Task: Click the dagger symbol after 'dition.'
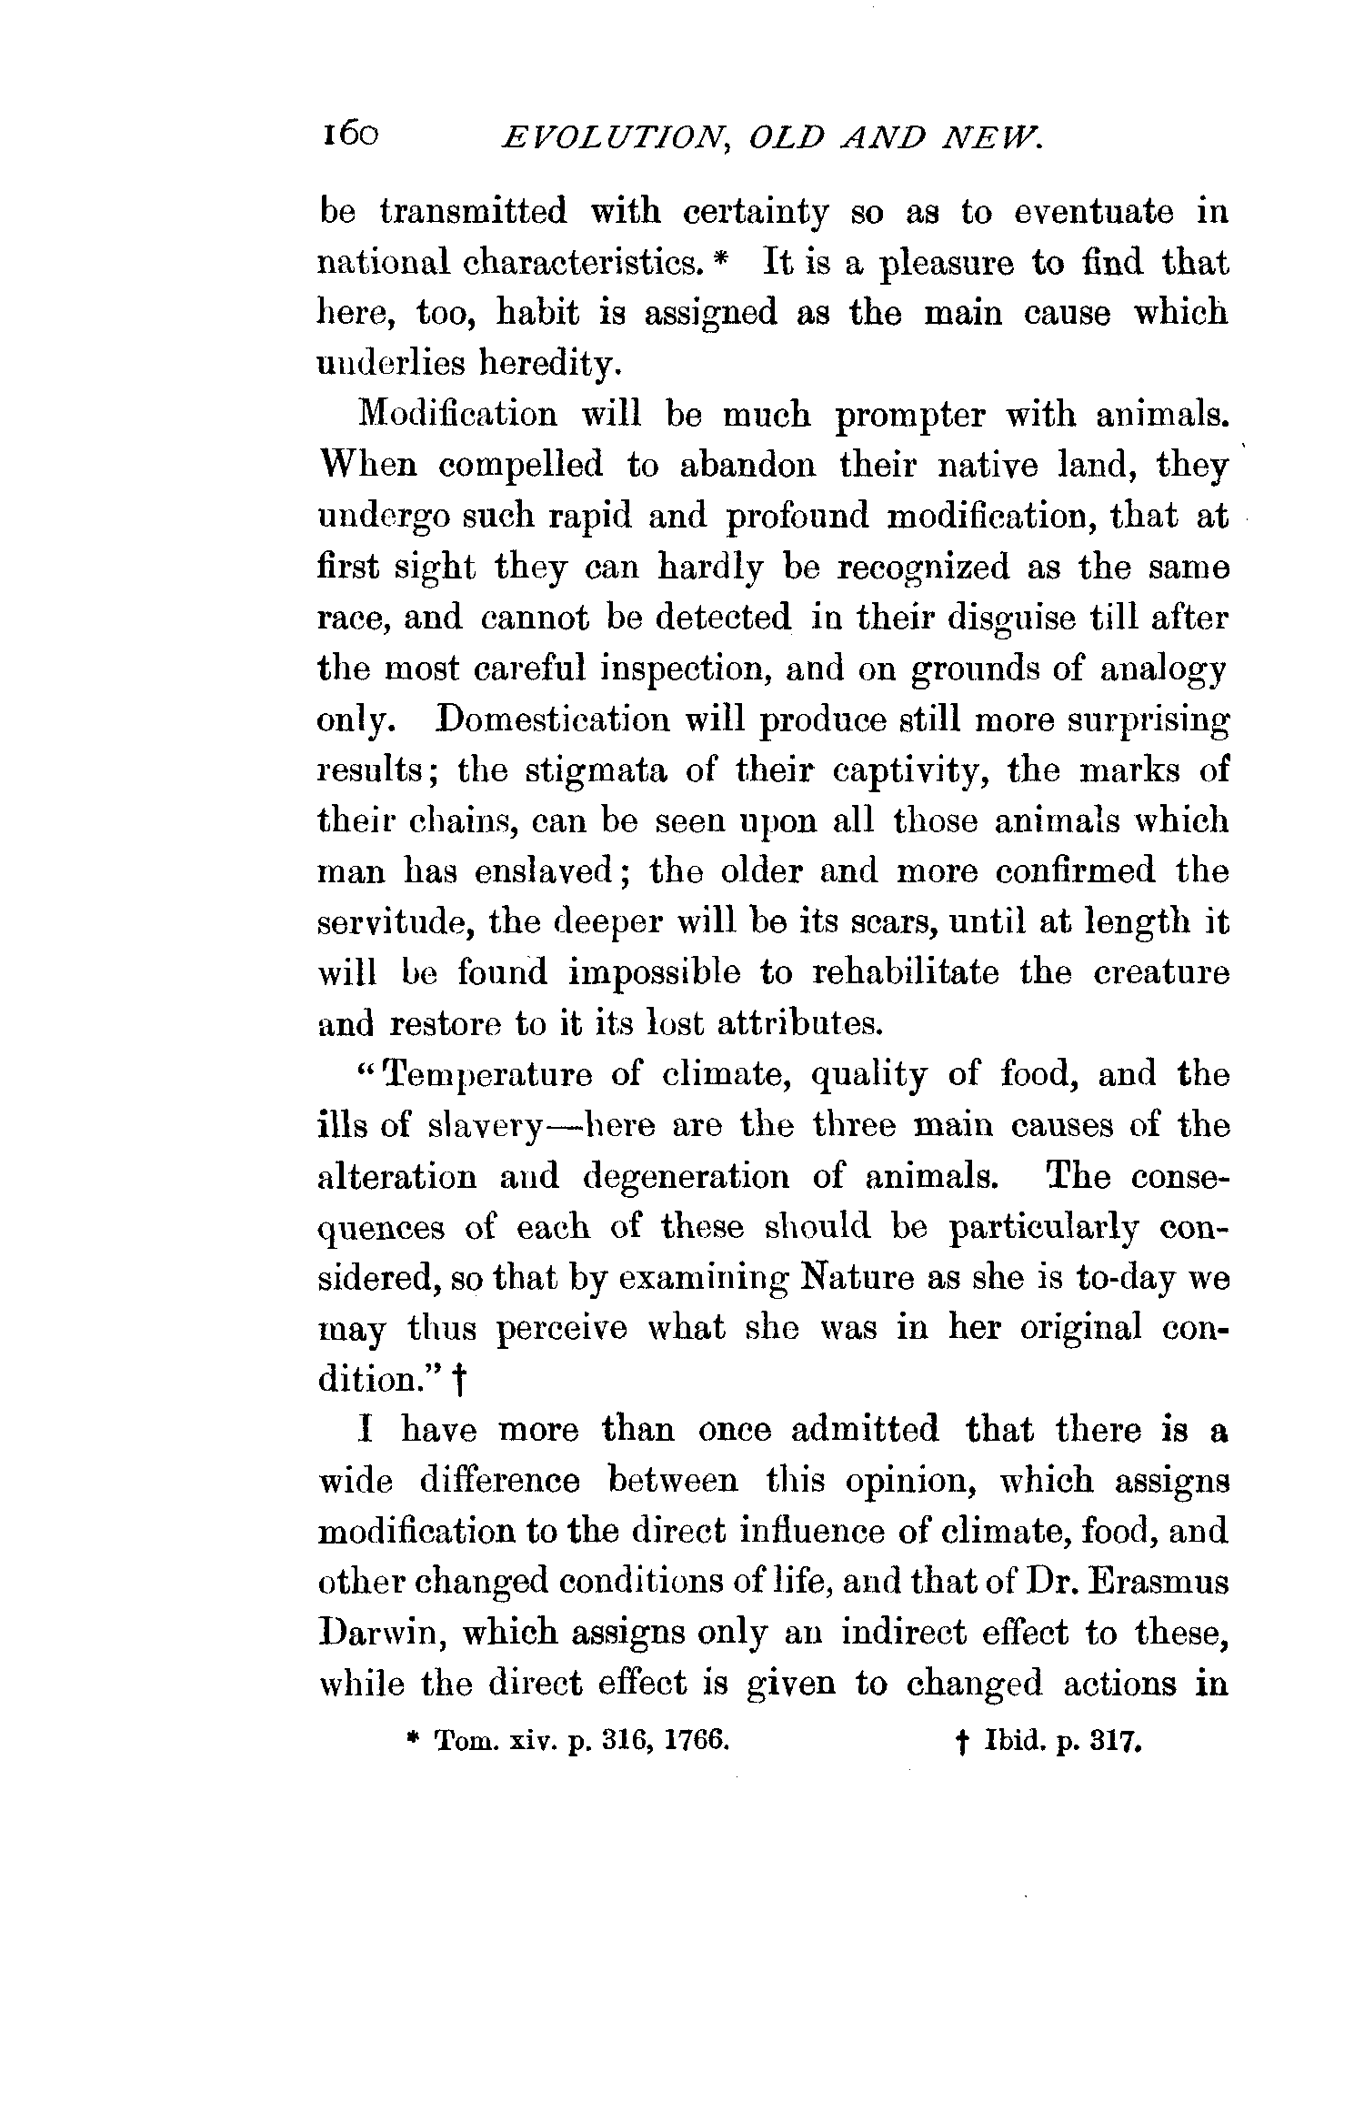coord(459,1383)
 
